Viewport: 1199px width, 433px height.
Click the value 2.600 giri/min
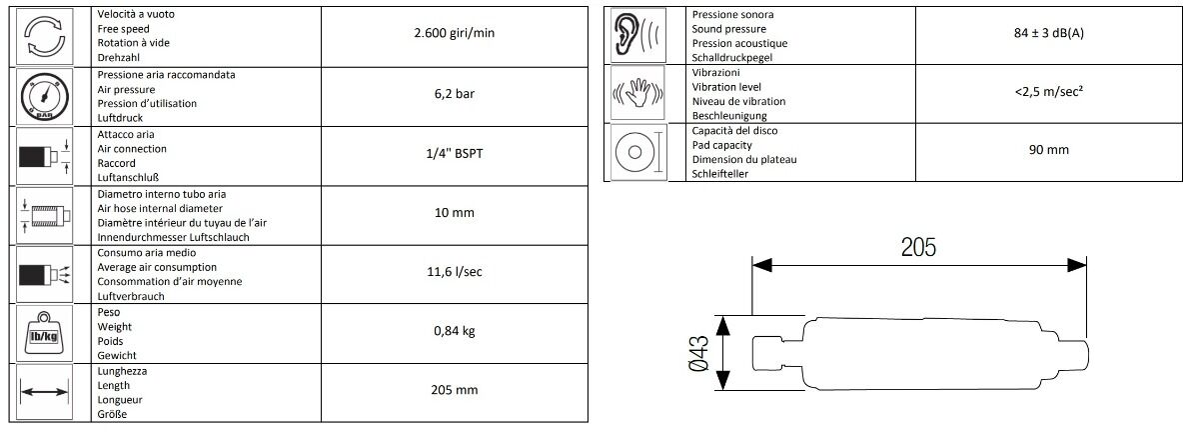454,33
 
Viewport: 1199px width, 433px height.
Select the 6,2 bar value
454,94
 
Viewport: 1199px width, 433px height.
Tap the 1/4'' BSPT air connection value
454,154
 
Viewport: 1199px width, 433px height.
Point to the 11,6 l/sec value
454,272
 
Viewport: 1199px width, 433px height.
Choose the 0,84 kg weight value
454,331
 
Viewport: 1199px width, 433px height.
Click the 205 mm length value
454,390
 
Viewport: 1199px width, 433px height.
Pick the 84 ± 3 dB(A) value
1048,33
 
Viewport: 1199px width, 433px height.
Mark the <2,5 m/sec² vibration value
1048,92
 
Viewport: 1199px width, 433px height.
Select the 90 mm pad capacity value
1048,150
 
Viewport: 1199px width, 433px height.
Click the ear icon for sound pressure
637,35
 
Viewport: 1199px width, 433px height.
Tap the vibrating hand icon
637,93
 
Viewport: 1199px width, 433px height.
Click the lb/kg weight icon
44,334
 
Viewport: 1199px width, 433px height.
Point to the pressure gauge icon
44,97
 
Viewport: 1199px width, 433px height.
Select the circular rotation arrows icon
44,36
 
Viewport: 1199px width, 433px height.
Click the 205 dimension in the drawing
918,248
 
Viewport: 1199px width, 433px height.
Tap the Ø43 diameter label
699,353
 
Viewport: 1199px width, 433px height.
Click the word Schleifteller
720,174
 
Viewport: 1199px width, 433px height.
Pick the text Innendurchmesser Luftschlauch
174,237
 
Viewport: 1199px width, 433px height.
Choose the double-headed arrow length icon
44,392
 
